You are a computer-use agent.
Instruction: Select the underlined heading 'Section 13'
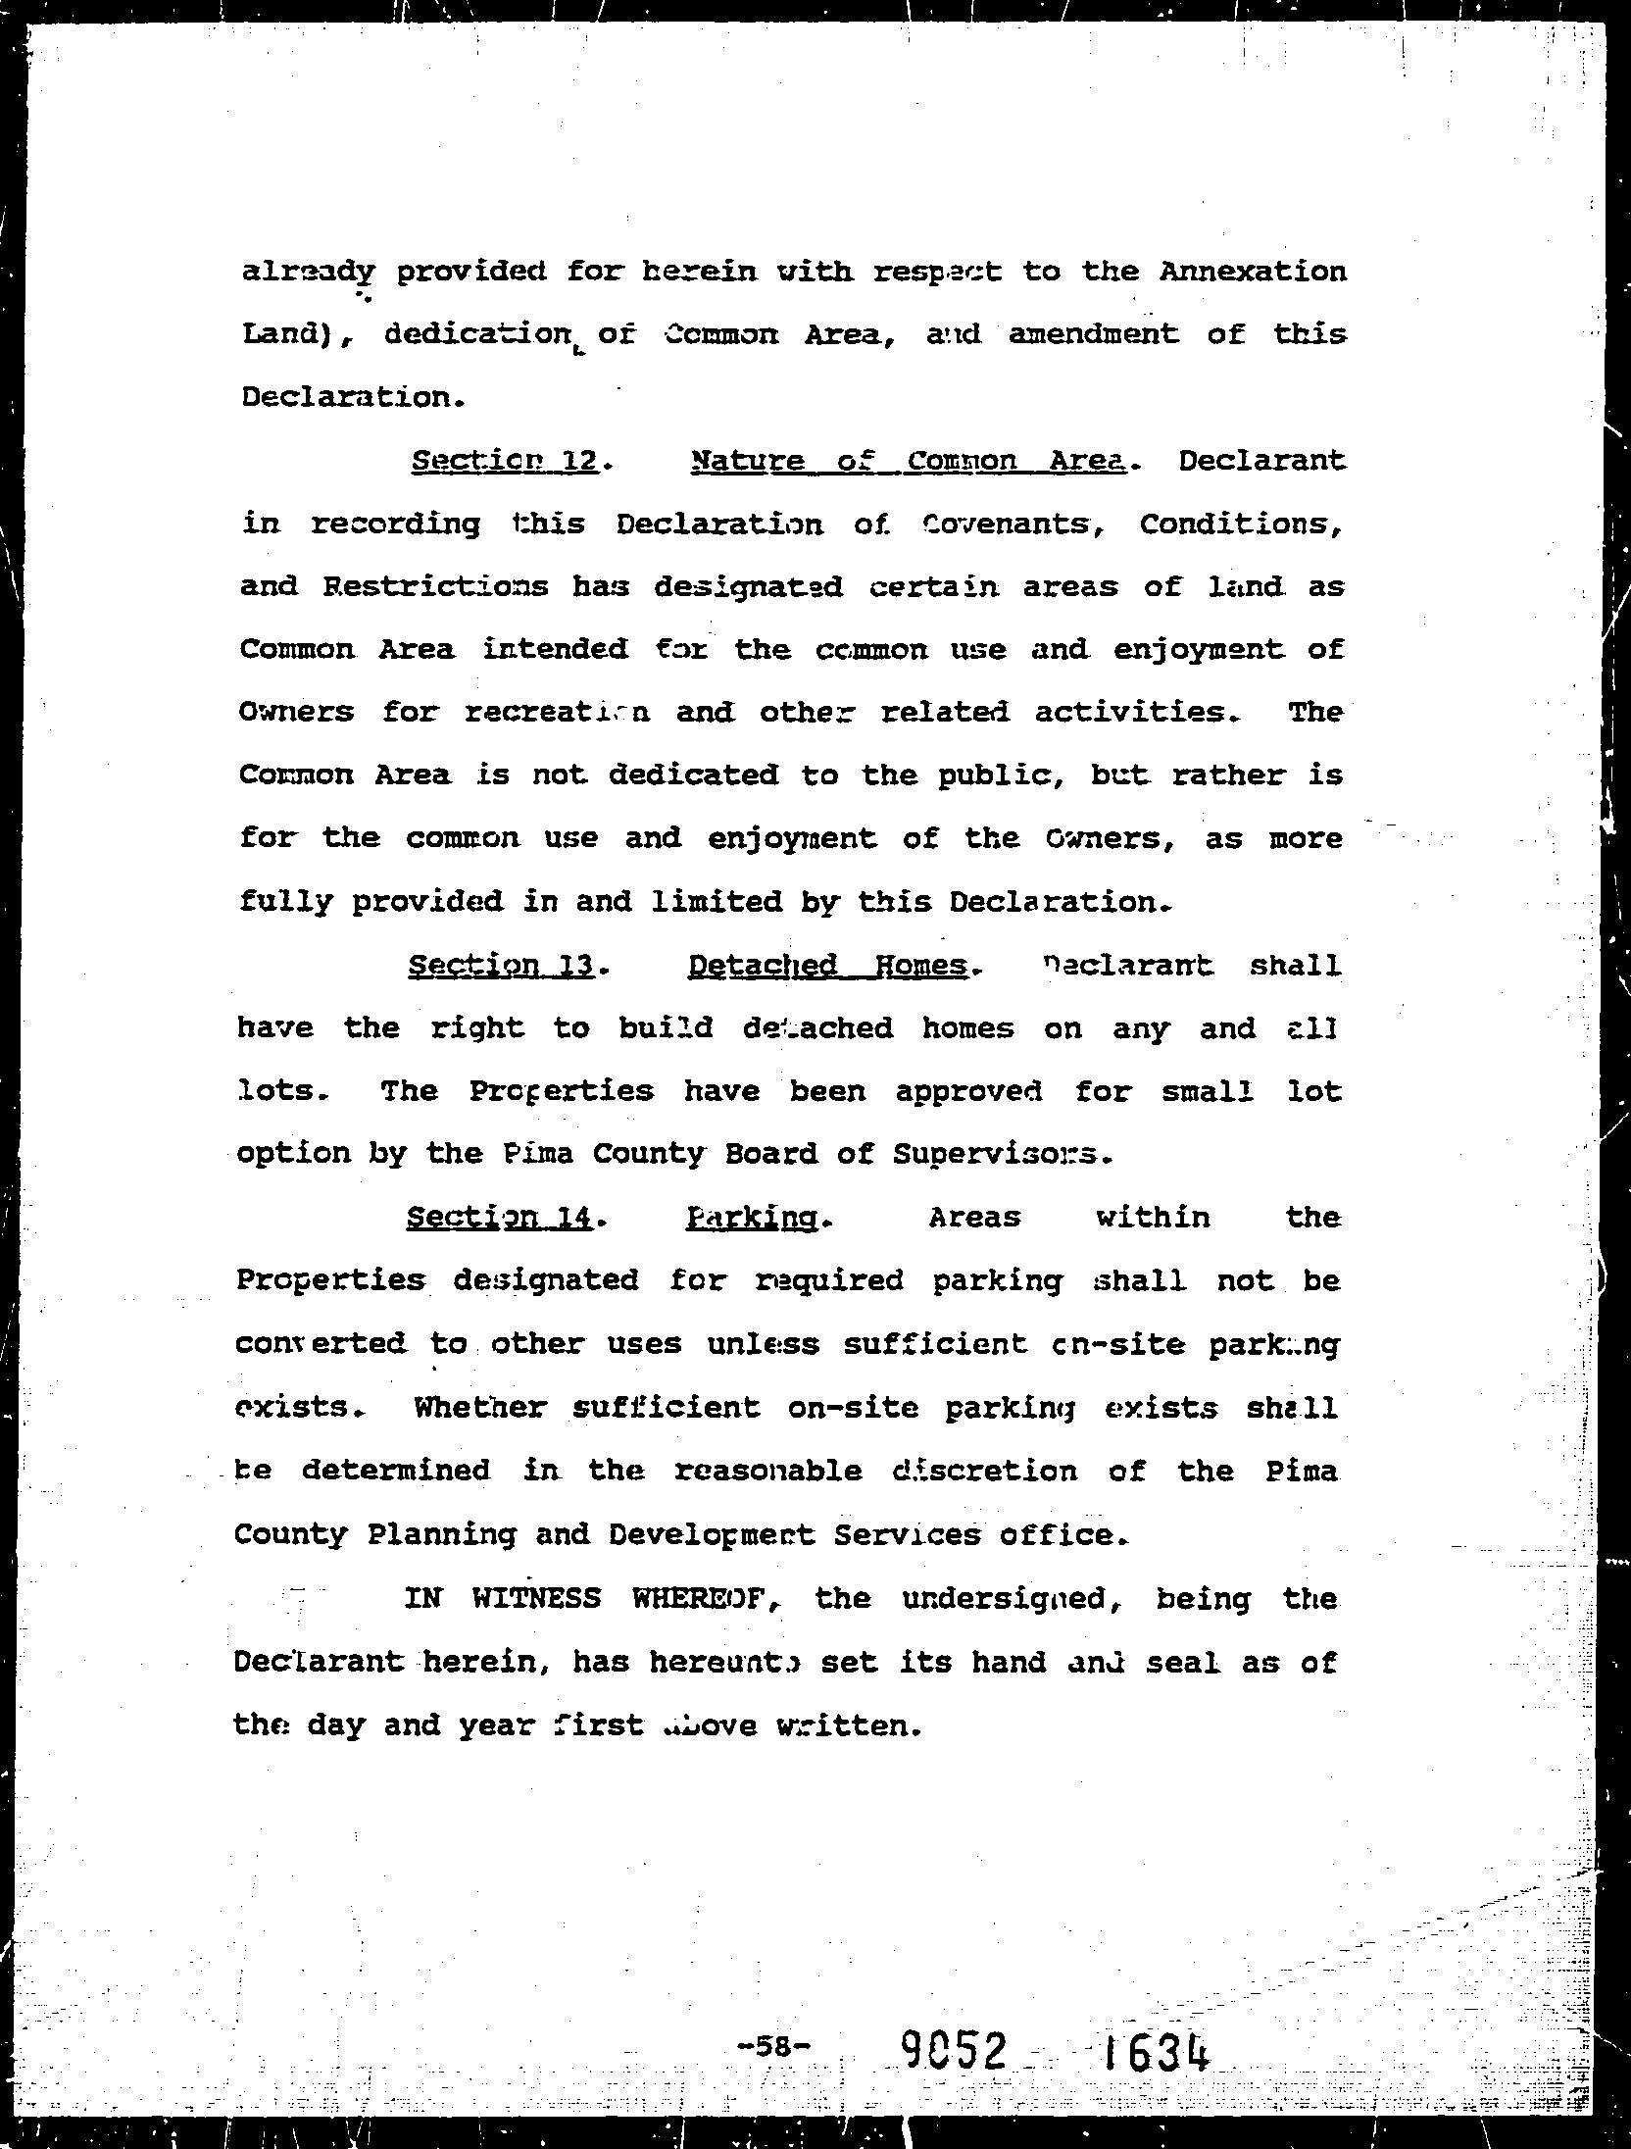pos(501,966)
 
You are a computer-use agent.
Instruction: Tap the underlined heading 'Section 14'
pos(499,1218)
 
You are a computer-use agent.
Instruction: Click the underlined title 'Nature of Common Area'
pos(907,461)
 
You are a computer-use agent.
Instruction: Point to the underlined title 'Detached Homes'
pos(828,966)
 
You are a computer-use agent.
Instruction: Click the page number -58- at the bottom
pos(773,2045)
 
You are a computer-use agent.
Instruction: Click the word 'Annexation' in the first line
pos(1253,272)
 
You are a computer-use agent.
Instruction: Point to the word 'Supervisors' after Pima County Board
pos(1001,1155)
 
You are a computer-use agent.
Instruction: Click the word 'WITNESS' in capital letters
pos(536,1599)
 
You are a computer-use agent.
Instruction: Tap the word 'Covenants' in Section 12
pos(1006,525)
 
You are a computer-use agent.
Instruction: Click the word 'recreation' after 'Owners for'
pos(556,713)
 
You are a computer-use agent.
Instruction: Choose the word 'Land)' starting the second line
pos(291,335)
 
